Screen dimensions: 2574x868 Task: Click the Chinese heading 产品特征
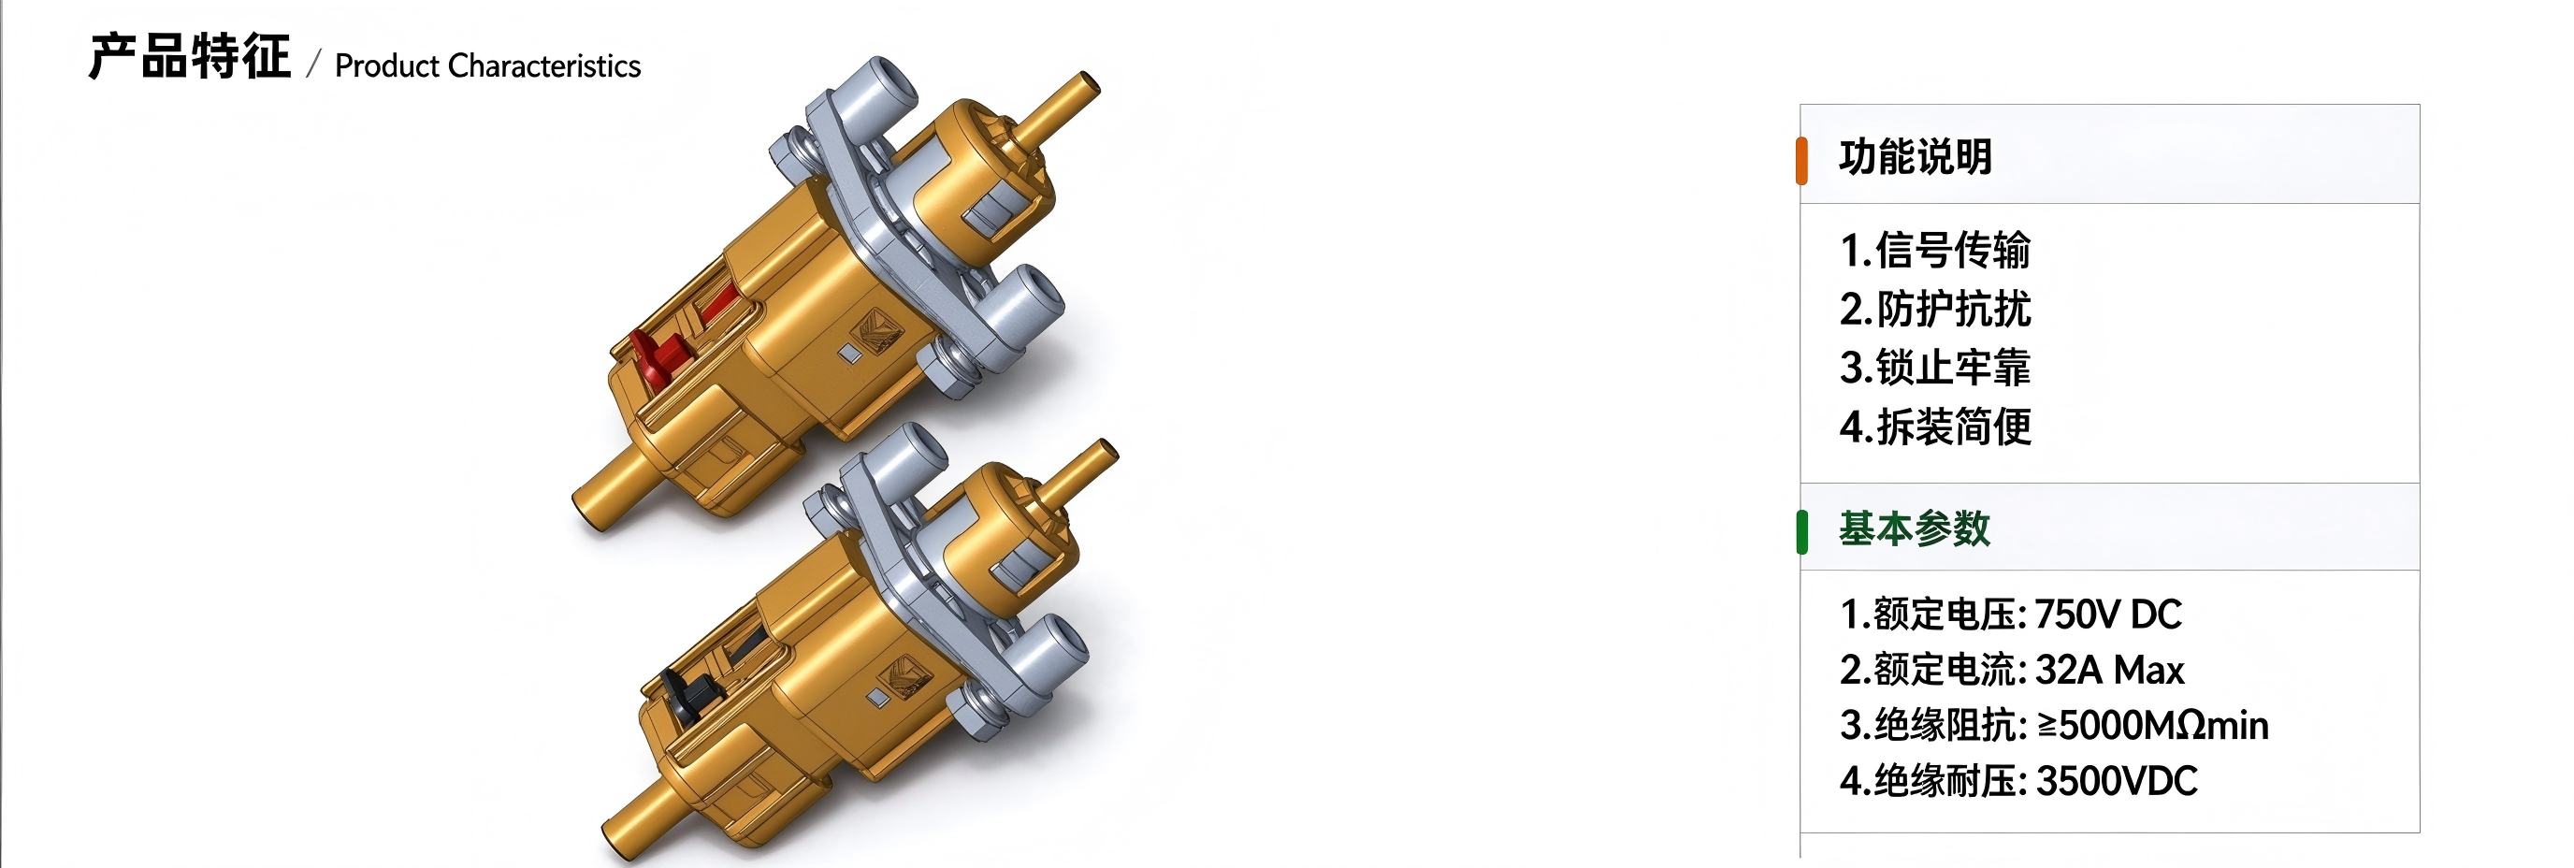[x=190, y=57]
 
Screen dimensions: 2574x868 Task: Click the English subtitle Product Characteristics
[x=487, y=65]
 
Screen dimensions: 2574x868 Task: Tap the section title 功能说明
[x=1916, y=157]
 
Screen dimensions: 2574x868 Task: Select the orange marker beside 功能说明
[x=1801, y=161]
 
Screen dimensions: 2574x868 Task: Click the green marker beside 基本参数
[x=1801, y=530]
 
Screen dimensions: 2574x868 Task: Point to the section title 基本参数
[x=1915, y=528]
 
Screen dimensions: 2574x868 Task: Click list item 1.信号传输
[x=1934, y=250]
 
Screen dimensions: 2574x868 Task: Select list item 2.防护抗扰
[x=1934, y=309]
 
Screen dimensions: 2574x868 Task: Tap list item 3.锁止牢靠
[x=1934, y=368]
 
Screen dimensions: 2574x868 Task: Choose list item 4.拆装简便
[x=1934, y=427]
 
